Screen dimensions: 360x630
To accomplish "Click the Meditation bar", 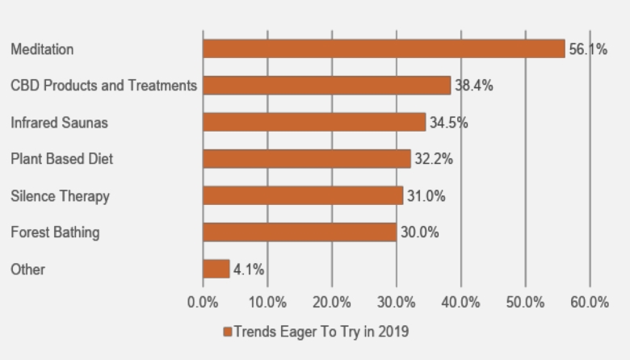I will tap(384, 48).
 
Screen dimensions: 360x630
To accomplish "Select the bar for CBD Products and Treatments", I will tap(326, 86).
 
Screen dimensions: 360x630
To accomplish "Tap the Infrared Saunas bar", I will tap(314, 122).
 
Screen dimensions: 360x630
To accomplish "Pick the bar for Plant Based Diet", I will tap(307, 159).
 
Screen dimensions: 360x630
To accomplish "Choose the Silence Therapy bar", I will tap(303, 195).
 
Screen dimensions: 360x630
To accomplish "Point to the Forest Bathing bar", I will tap(300, 232).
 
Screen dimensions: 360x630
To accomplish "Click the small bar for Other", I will tap(216, 269).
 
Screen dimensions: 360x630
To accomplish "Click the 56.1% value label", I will tap(588, 49).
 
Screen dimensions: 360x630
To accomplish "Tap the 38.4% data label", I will tap(474, 86).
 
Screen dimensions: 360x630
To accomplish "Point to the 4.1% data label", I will tap(249, 270).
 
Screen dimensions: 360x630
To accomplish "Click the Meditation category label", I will tap(42, 49).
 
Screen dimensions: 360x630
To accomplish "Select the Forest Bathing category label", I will tap(55, 232).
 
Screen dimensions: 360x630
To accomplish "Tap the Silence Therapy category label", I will tap(60, 196).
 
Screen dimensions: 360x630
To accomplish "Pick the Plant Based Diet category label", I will tap(61, 159).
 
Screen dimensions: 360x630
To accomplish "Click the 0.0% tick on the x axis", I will tap(203, 303).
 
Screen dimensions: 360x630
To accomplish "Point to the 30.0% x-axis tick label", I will tap(396, 303).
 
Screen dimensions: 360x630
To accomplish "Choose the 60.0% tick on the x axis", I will tap(590, 303).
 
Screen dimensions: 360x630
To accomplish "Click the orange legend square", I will tap(228, 332).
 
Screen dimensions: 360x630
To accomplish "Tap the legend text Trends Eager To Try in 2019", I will tap(321, 332).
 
